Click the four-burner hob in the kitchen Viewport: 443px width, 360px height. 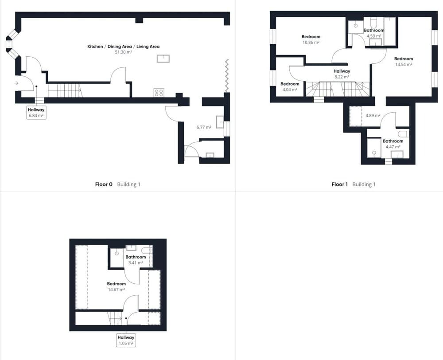coord(159,93)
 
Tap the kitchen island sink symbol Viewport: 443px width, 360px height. coord(163,59)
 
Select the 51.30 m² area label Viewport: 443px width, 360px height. coord(124,52)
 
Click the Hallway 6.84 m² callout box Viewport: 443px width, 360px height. coord(36,113)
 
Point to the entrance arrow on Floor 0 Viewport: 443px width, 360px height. coord(16,83)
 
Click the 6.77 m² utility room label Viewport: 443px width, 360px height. coord(204,127)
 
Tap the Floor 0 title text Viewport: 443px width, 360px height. coord(104,184)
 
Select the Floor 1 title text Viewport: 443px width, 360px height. coord(340,184)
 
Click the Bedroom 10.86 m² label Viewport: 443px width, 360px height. coord(311,39)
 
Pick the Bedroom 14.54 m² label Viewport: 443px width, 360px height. coord(404,61)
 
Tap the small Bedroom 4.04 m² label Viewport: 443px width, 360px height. coord(290,86)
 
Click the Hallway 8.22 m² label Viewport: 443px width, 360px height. coord(342,74)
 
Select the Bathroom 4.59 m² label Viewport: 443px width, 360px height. coord(374,33)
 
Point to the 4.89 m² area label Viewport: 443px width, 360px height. coord(373,115)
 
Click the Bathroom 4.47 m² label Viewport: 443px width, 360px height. coord(393,144)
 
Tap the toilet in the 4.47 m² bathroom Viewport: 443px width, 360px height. coord(403,133)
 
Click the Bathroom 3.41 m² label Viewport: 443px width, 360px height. coord(136,260)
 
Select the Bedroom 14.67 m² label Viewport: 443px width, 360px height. coord(117,286)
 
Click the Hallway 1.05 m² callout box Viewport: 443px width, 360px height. coord(126,340)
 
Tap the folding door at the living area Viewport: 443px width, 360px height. coord(226,75)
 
